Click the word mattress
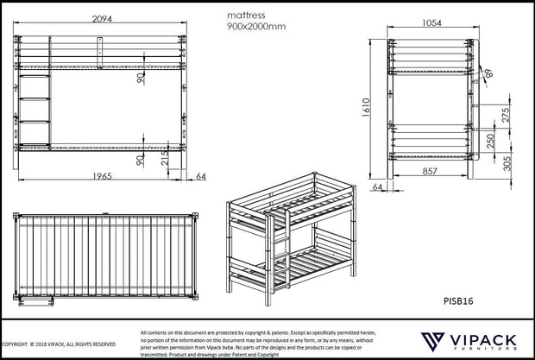pyautogui.click(x=247, y=15)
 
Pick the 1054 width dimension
pyautogui.click(x=433, y=24)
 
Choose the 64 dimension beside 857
pyautogui.click(x=378, y=186)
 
